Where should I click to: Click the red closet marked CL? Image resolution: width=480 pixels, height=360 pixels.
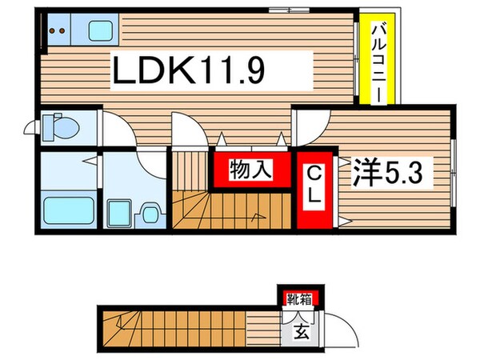pyautogui.click(x=314, y=183)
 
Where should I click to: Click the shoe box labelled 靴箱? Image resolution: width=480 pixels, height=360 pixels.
pyautogui.click(x=301, y=301)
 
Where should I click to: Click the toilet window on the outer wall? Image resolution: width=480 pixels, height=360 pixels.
pyautogui.click(x=31, y=127)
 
